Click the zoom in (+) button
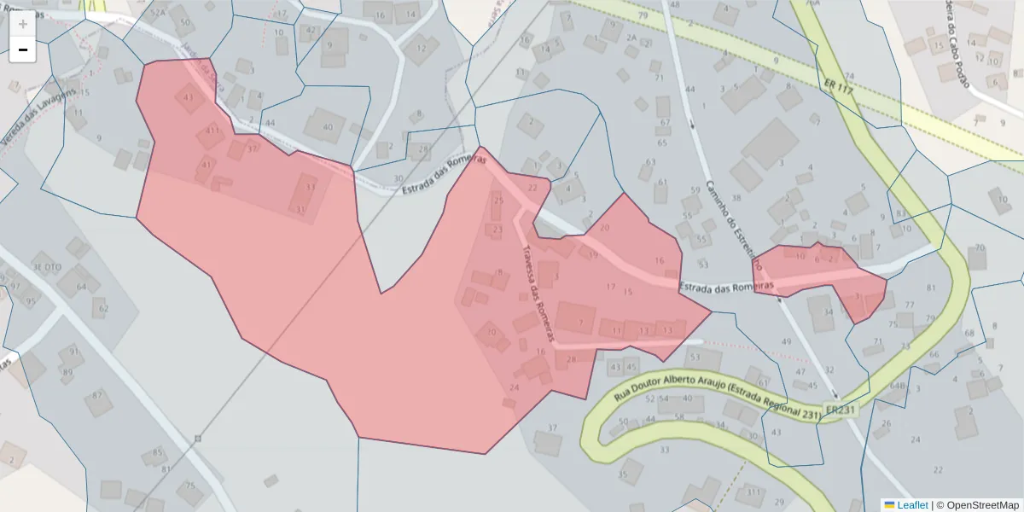coord(22,25)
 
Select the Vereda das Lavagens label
coord(40,115)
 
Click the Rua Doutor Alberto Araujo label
coord(717,399)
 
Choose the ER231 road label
coord(840,410)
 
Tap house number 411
coord(212,131)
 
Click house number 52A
coord(158,13)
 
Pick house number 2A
coord(631,38)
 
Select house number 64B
coord(897,386)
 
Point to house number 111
coord(753,492)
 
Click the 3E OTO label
coord(47,267)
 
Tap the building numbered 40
coord(328,127)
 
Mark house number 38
coord(736,197)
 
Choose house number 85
coord(157,452)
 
